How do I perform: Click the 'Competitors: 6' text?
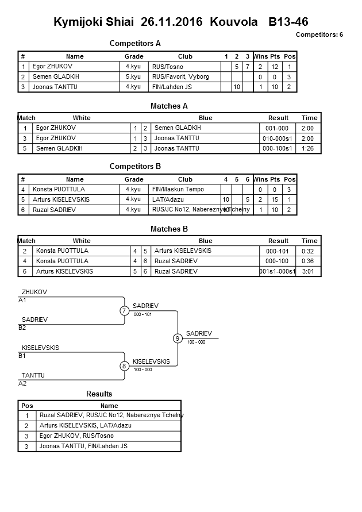(319, 34)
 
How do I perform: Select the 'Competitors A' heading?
(135, 43)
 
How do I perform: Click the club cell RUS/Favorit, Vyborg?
(174, 76)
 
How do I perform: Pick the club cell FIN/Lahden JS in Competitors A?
(172, 87)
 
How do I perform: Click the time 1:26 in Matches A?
(309, 148)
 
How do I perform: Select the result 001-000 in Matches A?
(278, 128)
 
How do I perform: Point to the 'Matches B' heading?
(170, 229)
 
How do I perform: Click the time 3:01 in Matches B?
(309, 271)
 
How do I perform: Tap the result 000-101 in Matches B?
(278, 251)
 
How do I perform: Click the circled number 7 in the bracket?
(125, 311)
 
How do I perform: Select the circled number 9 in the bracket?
(178, 338)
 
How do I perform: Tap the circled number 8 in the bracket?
(124, 366)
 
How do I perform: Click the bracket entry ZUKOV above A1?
(34, 292)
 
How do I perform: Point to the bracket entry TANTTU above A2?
(33, 375)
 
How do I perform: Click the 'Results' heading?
(99, 394)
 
